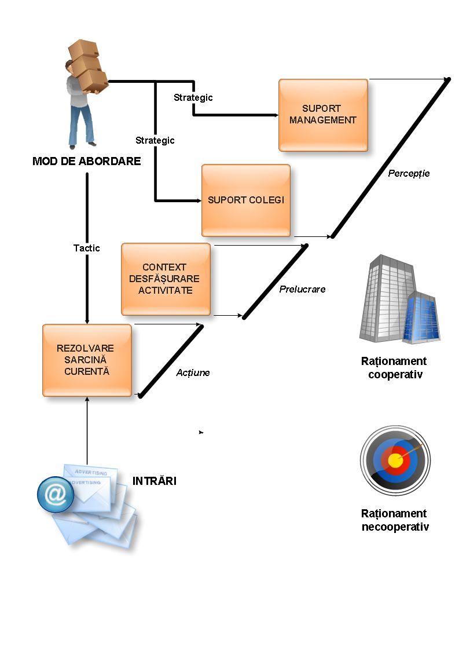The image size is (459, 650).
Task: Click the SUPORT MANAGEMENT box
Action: click(323, 115)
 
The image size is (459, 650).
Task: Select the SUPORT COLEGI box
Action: click(246, 200)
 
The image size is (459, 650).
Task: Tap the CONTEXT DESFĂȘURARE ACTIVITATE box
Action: click(166, 279)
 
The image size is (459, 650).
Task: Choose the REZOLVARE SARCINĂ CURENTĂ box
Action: click(87, 360)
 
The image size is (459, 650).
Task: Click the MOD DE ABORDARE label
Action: click(87, 162)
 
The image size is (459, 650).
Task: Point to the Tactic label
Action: click(87, 248)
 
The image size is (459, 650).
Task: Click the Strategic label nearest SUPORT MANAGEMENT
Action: click(193, 98)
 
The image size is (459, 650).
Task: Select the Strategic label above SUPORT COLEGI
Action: click(155, 140)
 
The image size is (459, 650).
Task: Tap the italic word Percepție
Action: click(409, 173)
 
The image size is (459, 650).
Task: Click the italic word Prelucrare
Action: click(302, 289)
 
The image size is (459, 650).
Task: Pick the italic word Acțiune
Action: click(193, 373)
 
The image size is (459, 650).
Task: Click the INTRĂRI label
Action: click(155, 481)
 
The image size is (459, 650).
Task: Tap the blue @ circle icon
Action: click(56, 494)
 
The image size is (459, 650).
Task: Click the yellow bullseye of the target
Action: click(395, 461)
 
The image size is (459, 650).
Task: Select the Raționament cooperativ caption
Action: click(394, 368)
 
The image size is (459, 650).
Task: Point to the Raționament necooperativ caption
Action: click(395, 520)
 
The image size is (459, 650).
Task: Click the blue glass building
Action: click(424, 317)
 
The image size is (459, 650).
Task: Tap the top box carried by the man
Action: click(83, 49)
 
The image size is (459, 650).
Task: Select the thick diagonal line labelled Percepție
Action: click(391, 158)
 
